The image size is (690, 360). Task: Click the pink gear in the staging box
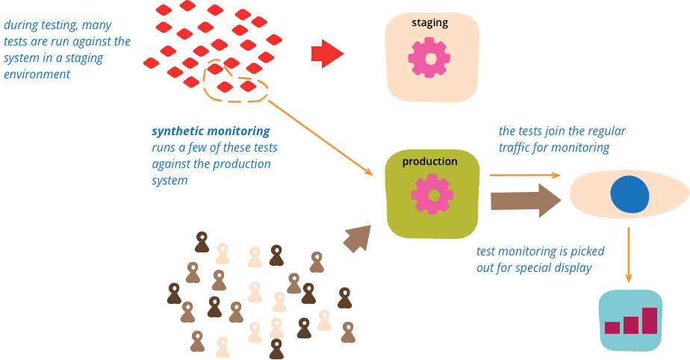pos(430,58)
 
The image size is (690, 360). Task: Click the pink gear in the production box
pos(432,194)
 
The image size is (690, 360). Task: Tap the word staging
pos(430,22)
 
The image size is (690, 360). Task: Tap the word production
pos(430,161)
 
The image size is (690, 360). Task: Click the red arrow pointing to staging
pos(326,54)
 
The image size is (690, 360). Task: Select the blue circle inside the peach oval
pos(630,194)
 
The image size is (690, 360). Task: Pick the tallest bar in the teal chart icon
pos(650,320)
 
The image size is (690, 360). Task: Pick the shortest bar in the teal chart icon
pos(612,327)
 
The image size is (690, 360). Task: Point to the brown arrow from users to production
pos(357,238)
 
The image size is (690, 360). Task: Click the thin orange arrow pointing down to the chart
pos(629,254)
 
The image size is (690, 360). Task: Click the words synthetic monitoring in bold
pos(211,131)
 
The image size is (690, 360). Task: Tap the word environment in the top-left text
pos(37,74)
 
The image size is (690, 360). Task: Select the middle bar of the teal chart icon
pos(631,325)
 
